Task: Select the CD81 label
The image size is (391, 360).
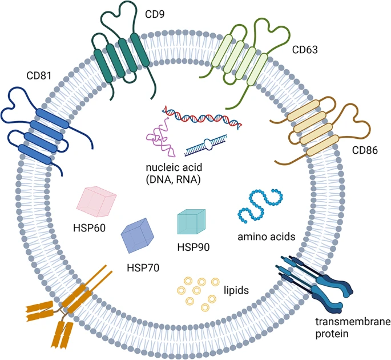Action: (x=37, y=75)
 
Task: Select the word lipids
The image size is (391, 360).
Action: (x=237, y=290)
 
